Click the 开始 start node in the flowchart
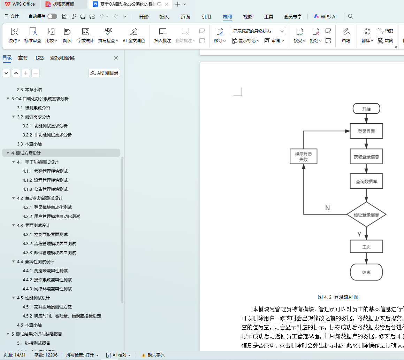366,109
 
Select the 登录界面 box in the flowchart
366,131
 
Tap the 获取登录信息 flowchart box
366,157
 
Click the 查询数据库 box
366,181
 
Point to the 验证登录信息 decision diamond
366,214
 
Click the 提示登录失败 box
303,157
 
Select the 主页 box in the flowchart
366,246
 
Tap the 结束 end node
366,272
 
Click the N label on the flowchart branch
327,208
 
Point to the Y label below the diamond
359,234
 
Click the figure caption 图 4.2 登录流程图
338,297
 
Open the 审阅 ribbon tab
227,17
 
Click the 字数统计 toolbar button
85,36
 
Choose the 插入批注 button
162,36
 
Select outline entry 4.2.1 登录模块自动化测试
53,207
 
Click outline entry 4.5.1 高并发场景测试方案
53,307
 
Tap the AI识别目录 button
104,73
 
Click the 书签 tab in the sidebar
39,58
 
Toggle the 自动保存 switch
52,16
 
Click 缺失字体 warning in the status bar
153,355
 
